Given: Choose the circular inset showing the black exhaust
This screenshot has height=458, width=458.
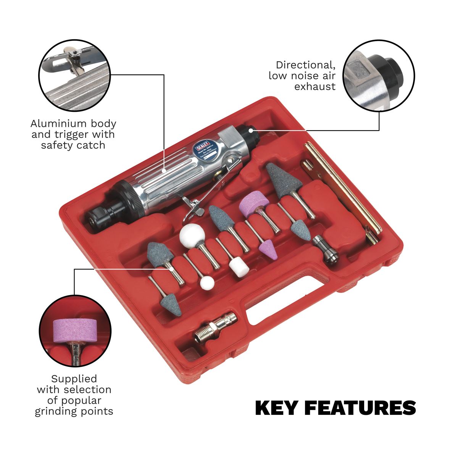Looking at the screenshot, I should (378, 76).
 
